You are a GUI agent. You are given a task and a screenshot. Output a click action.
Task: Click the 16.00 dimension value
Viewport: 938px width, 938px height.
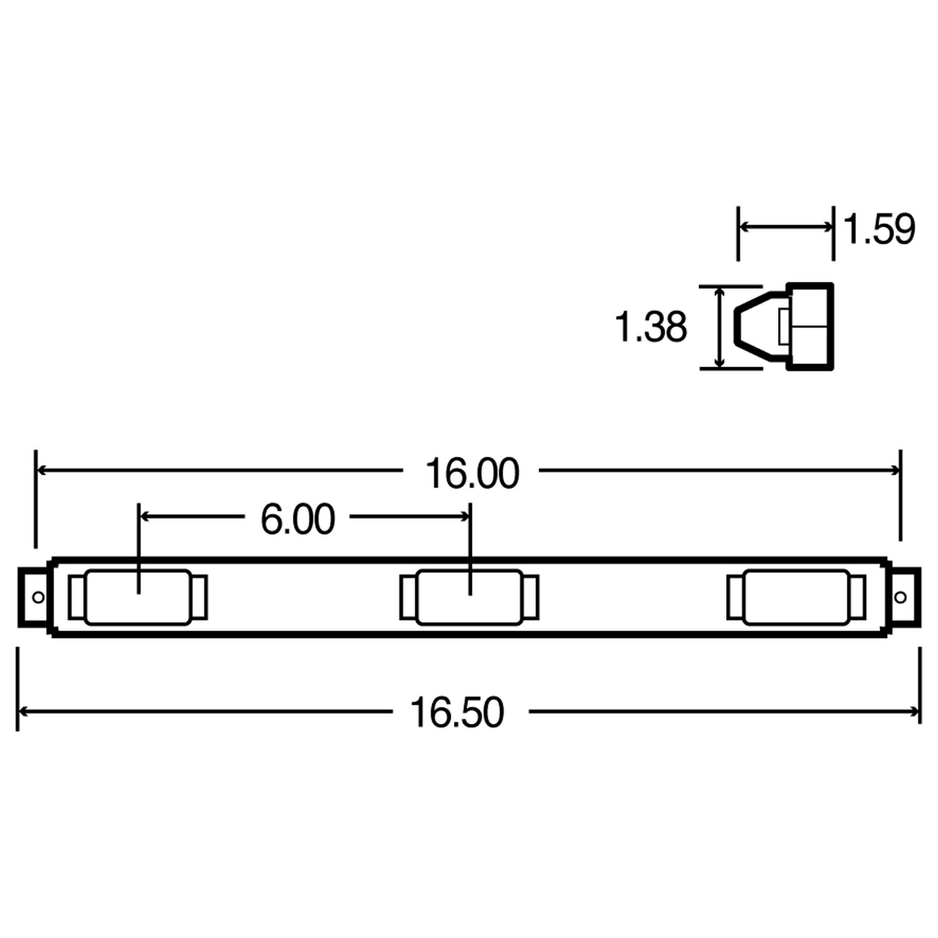[x=472, y=473]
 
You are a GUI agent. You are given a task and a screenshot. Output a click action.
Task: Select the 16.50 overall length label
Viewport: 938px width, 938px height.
[x=456, y=712]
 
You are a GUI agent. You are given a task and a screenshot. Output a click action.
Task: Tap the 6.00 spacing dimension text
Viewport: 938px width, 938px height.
[x=298, y=519]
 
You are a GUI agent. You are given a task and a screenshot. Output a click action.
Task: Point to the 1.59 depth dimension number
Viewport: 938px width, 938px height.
[x=879, y=229]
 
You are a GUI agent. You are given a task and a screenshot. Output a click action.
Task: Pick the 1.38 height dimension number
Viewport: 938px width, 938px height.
[x=650, y=327]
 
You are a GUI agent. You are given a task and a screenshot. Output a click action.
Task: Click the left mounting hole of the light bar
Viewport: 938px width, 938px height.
[x=38, y=597]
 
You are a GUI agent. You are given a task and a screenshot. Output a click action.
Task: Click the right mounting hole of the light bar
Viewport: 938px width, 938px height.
[x=900, y=597]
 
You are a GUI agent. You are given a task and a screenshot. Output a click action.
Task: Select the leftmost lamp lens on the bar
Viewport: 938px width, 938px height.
[x=138, y=597]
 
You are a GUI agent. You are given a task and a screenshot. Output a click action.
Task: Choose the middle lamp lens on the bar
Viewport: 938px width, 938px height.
[x=469, y=597]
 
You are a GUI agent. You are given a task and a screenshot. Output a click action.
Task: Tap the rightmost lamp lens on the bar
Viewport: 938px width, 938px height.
[x=796, y=597]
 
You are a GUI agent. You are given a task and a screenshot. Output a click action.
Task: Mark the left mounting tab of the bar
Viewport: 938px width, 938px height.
[x=33, y=597]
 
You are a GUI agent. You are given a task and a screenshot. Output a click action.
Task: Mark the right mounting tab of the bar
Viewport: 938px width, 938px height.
[x=905, y=597]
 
